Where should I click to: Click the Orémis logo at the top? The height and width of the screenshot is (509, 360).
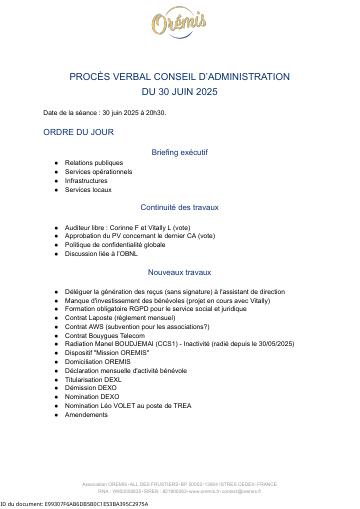(180, 25)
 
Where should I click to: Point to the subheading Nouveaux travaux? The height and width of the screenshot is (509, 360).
(180, 271)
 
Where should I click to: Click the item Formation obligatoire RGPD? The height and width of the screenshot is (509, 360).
(140, 308)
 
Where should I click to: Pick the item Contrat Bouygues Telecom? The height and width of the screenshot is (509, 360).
(107, 335)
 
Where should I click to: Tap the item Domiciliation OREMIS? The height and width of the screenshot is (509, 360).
(97, 361)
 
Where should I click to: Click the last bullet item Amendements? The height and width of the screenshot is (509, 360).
(88, 414)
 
